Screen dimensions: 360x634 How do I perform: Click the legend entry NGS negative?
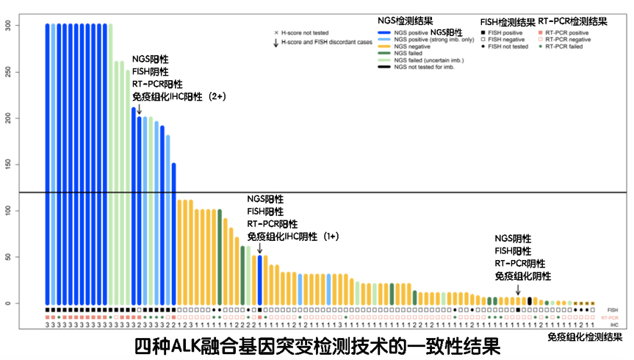[x=413, y=46]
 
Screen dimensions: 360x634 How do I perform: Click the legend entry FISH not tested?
[x=505, y=46]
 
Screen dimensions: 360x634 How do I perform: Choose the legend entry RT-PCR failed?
[x=563, y=46]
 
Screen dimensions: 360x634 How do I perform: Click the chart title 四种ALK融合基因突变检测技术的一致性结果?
[x=317, y=344]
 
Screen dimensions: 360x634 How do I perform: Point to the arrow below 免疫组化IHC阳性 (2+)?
[x=140, y=109]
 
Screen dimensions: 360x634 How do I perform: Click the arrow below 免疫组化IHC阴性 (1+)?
[x=259, y=249]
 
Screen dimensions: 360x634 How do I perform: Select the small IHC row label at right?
[x=613, y=324]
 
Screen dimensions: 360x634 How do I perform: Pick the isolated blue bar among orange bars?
[x=259, y=279]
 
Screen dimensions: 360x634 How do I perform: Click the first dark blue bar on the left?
[x=48, y=162]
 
